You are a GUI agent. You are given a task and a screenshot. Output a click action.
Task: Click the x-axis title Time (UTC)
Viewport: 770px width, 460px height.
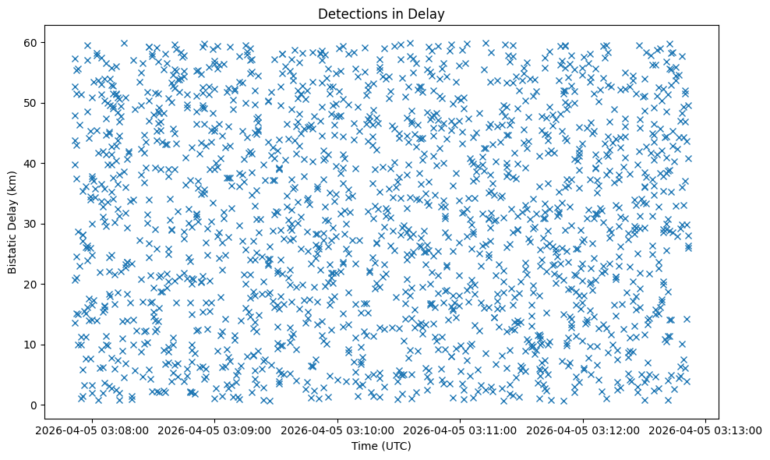pyautogui.click(x=381, y=446)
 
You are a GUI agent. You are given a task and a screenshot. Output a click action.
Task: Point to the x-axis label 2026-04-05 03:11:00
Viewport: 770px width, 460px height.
pyautogui.click(x=460, y=430)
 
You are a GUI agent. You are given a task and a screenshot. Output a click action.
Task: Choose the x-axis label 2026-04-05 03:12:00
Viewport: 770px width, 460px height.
pyautogui.click(x=581, y=430)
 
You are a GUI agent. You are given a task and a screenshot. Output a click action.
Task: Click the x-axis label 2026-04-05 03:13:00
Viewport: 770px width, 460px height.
pyautogui.click(x=703, y=430)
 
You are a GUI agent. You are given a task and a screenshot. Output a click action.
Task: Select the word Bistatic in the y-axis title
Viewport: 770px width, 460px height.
pyautogui.click(x=12, y=250)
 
